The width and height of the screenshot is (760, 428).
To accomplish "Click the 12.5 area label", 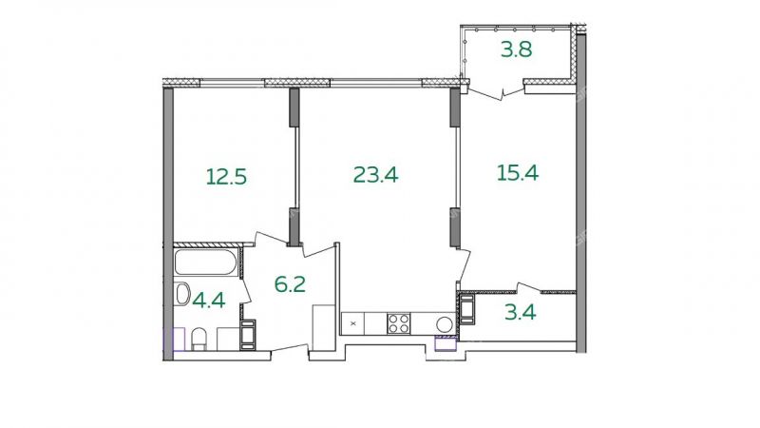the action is click(x=226, y=177).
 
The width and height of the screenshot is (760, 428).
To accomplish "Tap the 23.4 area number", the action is click(x=375, y=174).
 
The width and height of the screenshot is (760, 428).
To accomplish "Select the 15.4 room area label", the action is click(x=518, y=172).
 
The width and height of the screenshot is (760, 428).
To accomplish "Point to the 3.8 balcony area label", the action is click(x=517, y=49).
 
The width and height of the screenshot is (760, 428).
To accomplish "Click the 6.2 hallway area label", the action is click(x=290, y=283).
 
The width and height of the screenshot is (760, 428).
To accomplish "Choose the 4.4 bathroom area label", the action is click(x=209, y=301).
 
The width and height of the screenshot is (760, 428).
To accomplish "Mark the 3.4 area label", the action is click(x=520, y=312).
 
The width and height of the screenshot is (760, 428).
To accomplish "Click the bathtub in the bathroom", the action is click(x=206, y=263).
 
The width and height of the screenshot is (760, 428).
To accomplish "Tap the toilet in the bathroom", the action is click(x=199, y=339).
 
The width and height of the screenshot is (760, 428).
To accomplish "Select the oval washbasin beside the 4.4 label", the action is click(x=182, y=294).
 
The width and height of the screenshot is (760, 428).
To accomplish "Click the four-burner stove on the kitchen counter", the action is click(x=398, y=323).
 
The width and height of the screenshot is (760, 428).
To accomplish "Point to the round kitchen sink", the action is click(x=445, y=323).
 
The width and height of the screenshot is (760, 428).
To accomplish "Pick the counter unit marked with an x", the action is click(x=352, y=323).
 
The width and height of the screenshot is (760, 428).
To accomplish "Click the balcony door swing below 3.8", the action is click(x=501, y=91).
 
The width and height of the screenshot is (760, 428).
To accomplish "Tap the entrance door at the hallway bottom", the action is click(x=290, y=348).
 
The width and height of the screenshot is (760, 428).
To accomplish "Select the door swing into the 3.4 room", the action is click(x=528, y=288).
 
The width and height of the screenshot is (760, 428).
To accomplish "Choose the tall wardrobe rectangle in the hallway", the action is click(x=324, y=327).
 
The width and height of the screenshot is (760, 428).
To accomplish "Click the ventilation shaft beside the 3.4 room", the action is click(x=467, y=308).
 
